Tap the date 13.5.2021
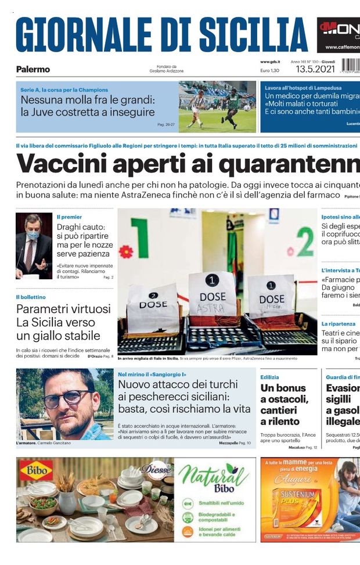coord(315,69)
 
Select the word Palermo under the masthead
coord(33,69)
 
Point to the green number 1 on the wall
coord(139,237)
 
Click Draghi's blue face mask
coord(33,235)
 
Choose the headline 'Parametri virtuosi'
coord(63,309)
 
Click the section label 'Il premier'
coord(69,217)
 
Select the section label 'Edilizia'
coord(270,377)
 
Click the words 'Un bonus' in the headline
coord(283,388)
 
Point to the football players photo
coord(217,106)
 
